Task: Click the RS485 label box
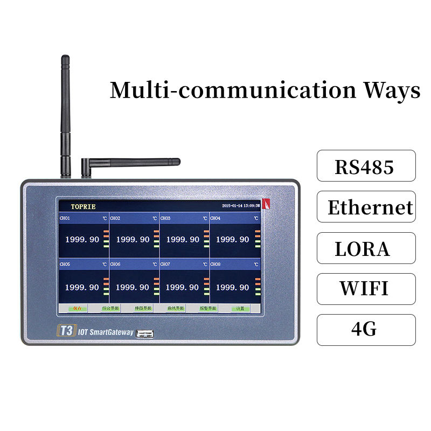[x=366, y=165]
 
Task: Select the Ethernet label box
[x=366, y=207]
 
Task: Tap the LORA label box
[x=366, y=248]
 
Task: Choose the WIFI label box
[x=366, y=289]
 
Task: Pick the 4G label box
[x=366, y=330]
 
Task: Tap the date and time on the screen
[x=241, y=206]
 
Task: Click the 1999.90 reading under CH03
[x=182, y=239]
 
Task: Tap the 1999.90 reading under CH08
[x=232, y=288]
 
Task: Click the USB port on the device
[x=145, y=333]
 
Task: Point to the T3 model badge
[x=65, y=331]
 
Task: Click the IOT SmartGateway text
[x=105, y=332]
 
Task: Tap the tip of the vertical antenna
[x=65, y=58]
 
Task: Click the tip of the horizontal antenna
[x=177, y=161]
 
